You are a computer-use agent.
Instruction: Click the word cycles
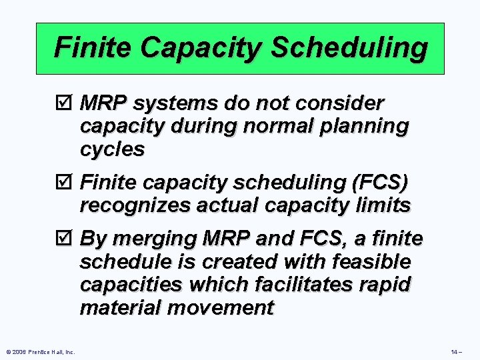(112, 149)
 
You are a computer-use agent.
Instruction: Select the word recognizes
(135, 205)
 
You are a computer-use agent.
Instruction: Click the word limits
(385, 205)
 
